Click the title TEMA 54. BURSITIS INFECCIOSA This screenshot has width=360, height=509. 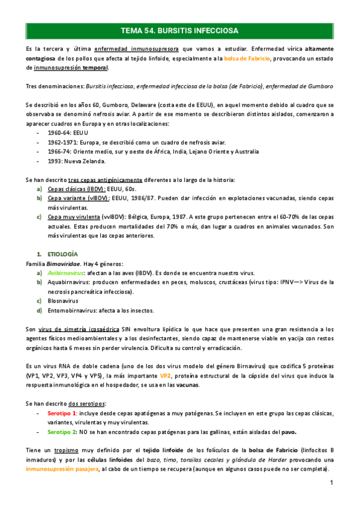179,30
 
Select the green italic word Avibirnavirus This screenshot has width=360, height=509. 67,273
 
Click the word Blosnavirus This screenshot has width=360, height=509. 64,301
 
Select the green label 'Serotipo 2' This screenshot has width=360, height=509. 61,432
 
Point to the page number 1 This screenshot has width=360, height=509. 331,484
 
